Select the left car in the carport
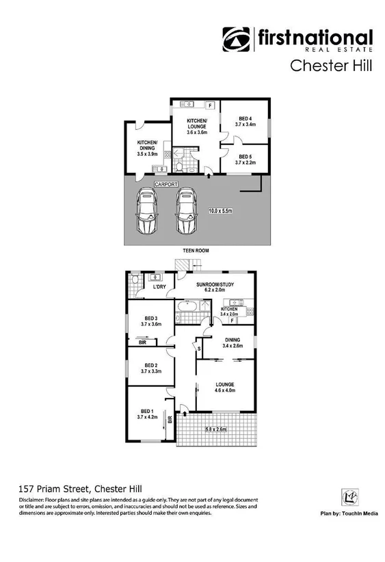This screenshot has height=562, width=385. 147,211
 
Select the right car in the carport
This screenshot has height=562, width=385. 185,211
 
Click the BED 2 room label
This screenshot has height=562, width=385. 150,368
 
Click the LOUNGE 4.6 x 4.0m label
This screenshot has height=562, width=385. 226,388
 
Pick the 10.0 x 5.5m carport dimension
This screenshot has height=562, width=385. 221,211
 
